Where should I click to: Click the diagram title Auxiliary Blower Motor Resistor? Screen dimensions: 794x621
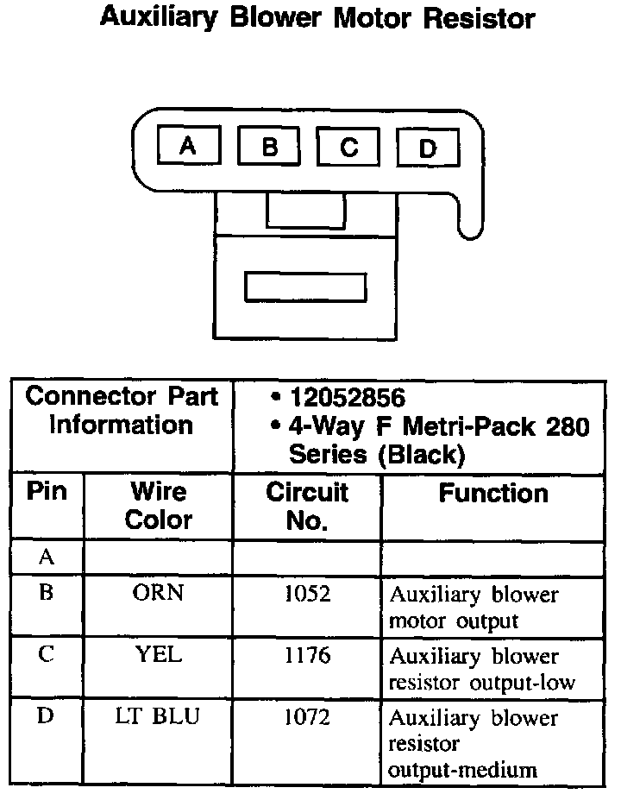click(x=317, y=19)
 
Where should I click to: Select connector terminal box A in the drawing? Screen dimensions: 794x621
click(x=188, y=147)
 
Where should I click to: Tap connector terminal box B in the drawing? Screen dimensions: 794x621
click(x=268, y=148)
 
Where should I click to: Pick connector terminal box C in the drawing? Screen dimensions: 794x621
click(x=348, y=148)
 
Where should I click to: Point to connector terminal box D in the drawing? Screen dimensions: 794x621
click(x=427, y=149)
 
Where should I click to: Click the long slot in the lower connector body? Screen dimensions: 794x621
click(x=305, y=287)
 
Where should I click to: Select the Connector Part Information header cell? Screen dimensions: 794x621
click(x=122, y=412)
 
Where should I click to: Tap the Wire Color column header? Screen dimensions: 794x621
click(x=159, y=506)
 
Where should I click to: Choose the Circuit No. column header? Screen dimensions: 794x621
click(x=307, y=506)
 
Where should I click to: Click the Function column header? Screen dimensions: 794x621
click(x=493, y=494)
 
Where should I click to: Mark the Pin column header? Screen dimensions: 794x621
click(x=47, y=492)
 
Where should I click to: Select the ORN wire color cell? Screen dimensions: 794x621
click(x=159, y=594)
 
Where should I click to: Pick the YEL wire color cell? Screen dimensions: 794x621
click(x=159, y=655)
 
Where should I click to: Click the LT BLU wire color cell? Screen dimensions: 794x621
click(x=159, y=716)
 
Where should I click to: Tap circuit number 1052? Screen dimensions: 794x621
click(x=307, y=595)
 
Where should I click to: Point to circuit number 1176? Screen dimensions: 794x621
click(x=307, y=656)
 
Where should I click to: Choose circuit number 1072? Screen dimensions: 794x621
click(x=307, y=717)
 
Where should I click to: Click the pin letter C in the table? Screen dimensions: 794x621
click(x=47, y=655)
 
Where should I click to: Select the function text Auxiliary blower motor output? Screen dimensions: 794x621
click(x=474, y=608)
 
